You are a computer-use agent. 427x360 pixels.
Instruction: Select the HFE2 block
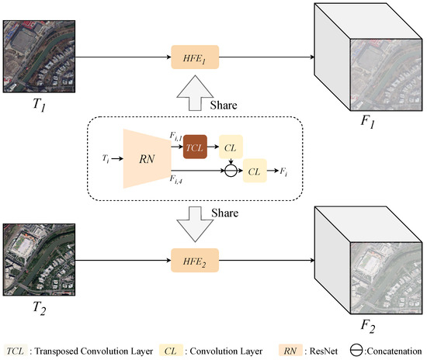[195, 255]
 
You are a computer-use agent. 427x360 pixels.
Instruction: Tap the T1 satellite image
[40, 57]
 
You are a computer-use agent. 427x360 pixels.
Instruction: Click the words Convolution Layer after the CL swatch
[224, 349]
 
